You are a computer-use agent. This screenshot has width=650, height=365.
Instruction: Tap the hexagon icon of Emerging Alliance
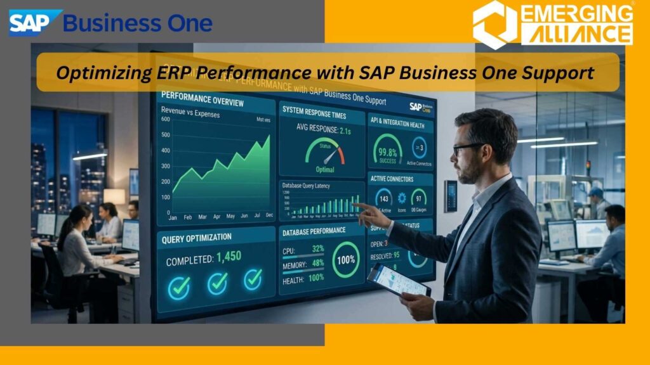coord(494,24)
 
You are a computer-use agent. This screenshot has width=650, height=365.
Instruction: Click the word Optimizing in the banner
coord(96,72)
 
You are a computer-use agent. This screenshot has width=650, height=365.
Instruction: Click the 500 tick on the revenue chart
coord(166,135)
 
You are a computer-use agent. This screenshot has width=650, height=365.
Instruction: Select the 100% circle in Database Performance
coord(346,261)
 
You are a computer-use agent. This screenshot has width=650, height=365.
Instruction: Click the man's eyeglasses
coord(468,148)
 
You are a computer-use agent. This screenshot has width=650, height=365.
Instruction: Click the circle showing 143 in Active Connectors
coord(383,197)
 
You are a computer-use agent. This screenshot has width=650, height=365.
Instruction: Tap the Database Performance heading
coord(315,230)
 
